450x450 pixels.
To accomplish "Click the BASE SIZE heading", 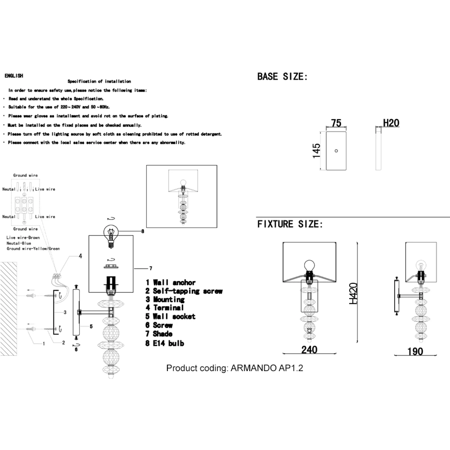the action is pyautogui.click(x=283, y=76).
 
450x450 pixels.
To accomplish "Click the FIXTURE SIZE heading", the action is pyautogui.click(x=290, y=224).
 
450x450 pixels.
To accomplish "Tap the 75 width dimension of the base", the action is pyautogui.click(x=336, y=123).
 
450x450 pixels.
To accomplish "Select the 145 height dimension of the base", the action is pyautogui.click(x=316, y=151).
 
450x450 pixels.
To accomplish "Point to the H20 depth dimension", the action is pyautogui.click(x=391, y=123).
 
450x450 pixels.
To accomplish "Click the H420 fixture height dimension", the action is pyautogui.click(x=353, y=293).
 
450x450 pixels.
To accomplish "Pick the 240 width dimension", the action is pyautogui.click(x=309, y=350).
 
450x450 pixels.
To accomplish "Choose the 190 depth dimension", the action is pyautogui.click(x=415, y=351).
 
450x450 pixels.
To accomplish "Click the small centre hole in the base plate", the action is pyautogui.click(x=336, y=151).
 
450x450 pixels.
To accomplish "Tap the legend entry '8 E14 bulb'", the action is pyautogui.click(x=165, y=343).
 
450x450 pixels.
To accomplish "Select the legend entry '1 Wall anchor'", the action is pyautogui.click(x=170, y=282).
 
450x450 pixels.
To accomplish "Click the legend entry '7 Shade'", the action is pyautogui.click(x=159, y=334).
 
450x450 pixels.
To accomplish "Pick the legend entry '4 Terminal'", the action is pyautogui.click(x=165, y=307).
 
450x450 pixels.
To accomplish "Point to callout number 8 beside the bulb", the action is pyautogui.click(x=143, y=231).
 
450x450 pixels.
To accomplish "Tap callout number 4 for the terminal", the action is pyautogui.click(x=80, y=256).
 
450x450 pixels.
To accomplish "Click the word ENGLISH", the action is pyautogui.click(x=14, y=76).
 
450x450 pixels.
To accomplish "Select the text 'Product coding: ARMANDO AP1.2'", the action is pyautogui.click(x=235, y=368).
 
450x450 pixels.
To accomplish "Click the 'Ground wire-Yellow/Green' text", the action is pyautogui.click(x=33, y=249).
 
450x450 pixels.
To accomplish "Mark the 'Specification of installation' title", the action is pyautogui.click(x=99, y=81).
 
